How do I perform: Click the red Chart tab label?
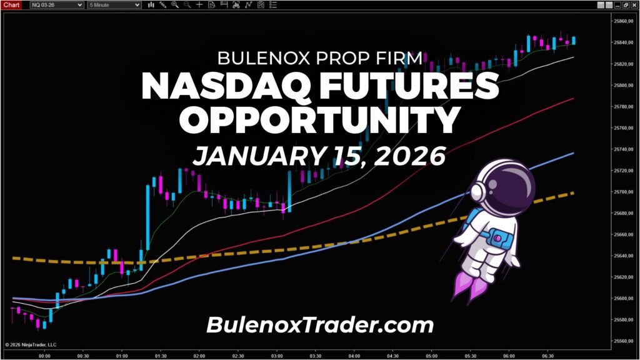(12, 4)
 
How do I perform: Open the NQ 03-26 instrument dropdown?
(56, 4)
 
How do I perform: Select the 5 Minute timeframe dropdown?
(114, 4)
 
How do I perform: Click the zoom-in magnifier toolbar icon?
(174, 4)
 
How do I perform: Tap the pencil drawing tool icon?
(163, 4)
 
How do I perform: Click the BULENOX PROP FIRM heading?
(319, 58)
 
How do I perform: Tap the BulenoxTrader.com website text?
(319, 324)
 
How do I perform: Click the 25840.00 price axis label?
(622, 42)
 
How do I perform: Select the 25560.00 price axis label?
(622, 341)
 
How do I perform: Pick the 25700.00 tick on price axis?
(622, 192)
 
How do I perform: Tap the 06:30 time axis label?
(548, 356)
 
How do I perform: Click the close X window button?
(634, 4)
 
